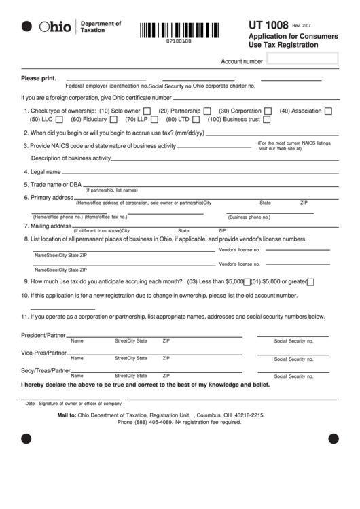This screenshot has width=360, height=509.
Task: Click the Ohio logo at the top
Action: click(x=54, y=27)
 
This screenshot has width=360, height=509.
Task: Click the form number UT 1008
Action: click(x=270, y=24)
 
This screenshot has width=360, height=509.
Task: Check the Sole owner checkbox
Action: click(x=147, y=111)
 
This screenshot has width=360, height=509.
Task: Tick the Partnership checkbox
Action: click(x=206, y=111)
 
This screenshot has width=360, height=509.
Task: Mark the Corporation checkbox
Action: click(x=268, y=111)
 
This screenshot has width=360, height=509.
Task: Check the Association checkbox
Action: click(x=328, y=111)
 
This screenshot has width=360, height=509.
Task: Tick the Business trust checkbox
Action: click(x=266, y=120)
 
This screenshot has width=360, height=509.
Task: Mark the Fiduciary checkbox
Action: click(x=111, y=120)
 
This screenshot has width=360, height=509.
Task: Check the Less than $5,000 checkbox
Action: click(x=247, y=281)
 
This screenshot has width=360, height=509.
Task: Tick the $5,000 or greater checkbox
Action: click(x=310, y=281)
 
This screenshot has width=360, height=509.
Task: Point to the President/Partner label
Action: click(x=43, y=336)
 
